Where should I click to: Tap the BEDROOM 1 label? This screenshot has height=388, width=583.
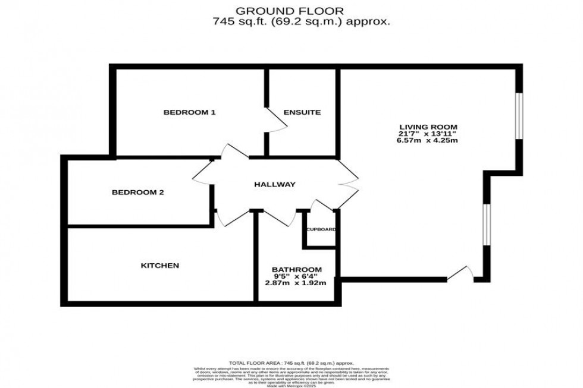(189, 112)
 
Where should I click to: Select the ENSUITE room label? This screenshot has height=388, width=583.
(302, 112)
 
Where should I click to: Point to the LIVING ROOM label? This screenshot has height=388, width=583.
(428, 127)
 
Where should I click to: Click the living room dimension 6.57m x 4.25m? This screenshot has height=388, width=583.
(428, 141)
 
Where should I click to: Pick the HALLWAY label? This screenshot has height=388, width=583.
(274, 185)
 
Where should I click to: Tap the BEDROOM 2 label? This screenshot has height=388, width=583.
(138, 193)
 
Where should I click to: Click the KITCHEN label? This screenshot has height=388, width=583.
(159, 266)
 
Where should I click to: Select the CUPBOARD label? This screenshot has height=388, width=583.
(321, 229)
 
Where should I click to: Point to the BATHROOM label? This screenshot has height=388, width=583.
(297, 269)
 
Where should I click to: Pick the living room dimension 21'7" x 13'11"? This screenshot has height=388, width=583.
(428, 134)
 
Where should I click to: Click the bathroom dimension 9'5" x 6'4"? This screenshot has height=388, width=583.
(296, 276)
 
